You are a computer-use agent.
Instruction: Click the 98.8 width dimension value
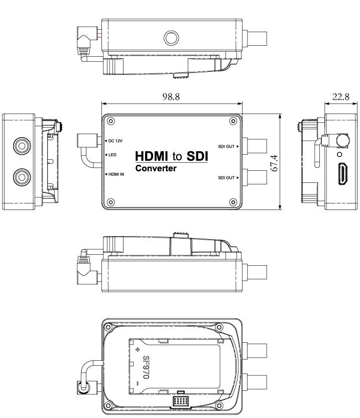[171, 96]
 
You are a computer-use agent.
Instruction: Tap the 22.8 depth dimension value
[340, 96]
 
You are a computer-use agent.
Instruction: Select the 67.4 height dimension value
[274, 163]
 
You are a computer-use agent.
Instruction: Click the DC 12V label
[115, 141]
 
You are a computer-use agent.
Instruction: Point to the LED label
[112, 155]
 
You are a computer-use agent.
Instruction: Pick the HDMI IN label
[116, 174]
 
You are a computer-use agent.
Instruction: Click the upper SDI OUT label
[226, 146]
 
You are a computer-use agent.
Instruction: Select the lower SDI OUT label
[226, 178]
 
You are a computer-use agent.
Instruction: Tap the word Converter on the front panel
[156, 168]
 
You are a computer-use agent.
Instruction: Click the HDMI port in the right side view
[343, 173]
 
